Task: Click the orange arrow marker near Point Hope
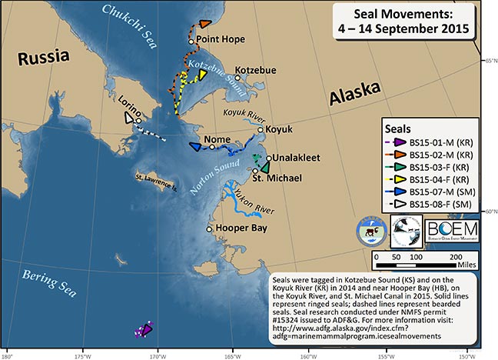(x=205, y=25)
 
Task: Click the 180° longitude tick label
(x=8, y=355)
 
